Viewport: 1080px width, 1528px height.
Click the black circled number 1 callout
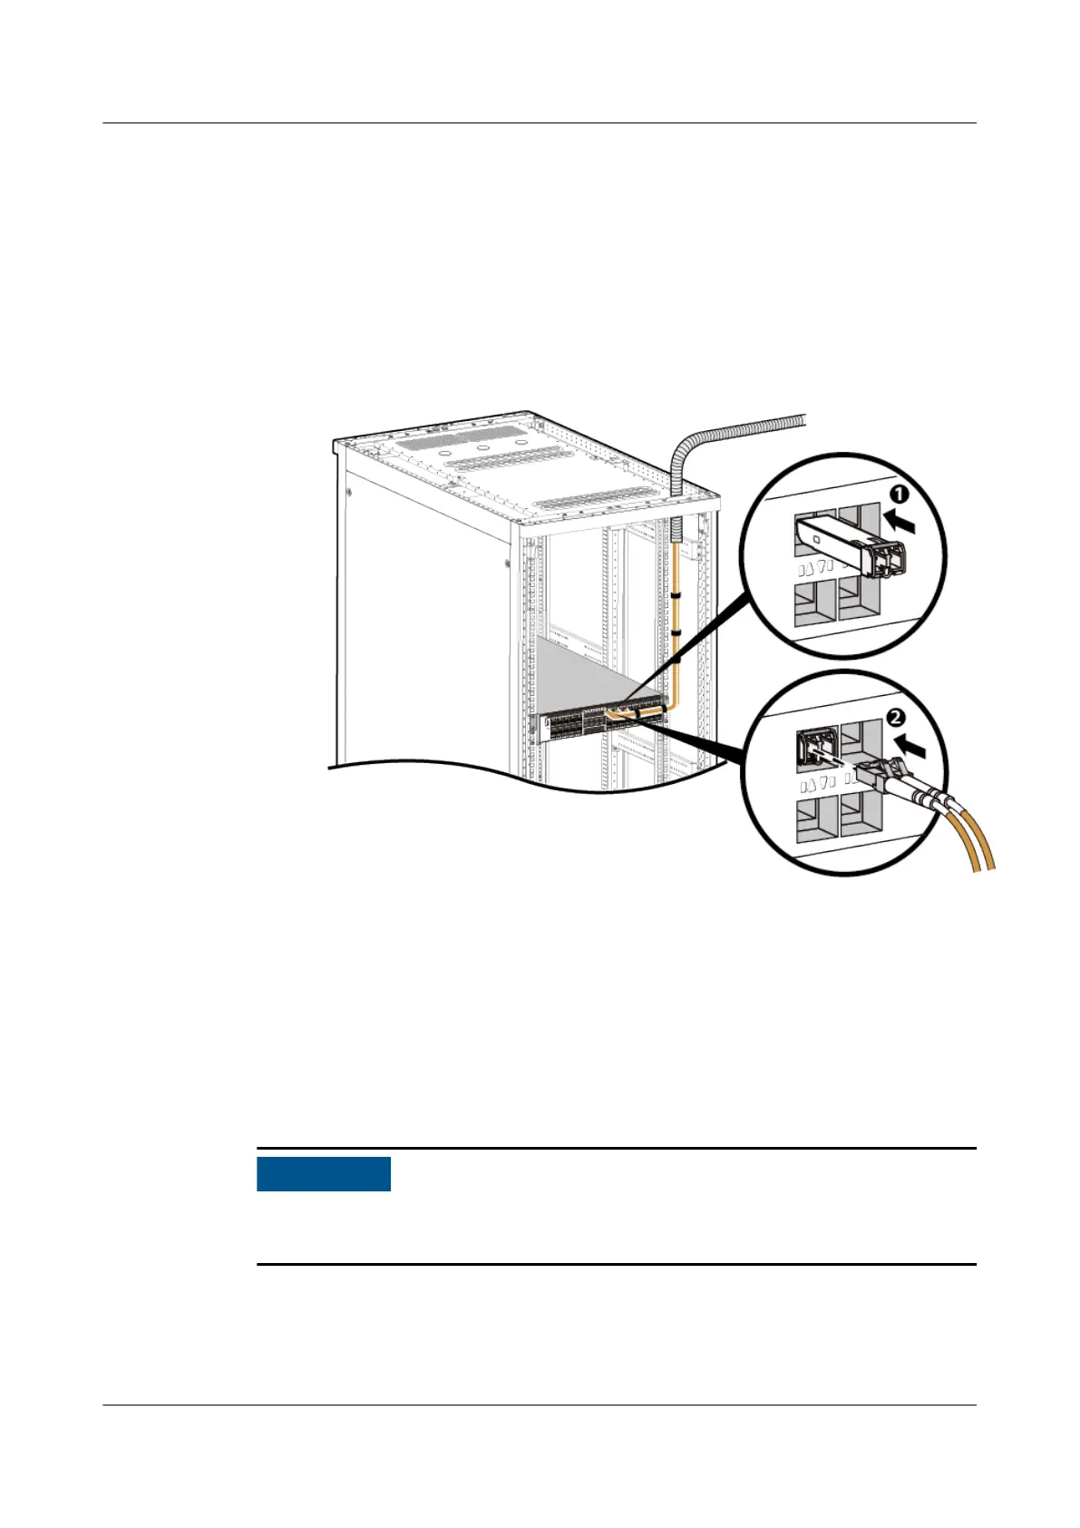[898, 495]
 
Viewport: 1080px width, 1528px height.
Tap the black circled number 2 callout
[894, 718]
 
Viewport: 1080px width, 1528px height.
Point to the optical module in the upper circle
[848, 546]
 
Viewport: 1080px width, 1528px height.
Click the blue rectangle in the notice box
[324, 1173]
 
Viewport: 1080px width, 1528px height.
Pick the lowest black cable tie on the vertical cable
[676, 661]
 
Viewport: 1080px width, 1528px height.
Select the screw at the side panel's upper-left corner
[349, 494]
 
